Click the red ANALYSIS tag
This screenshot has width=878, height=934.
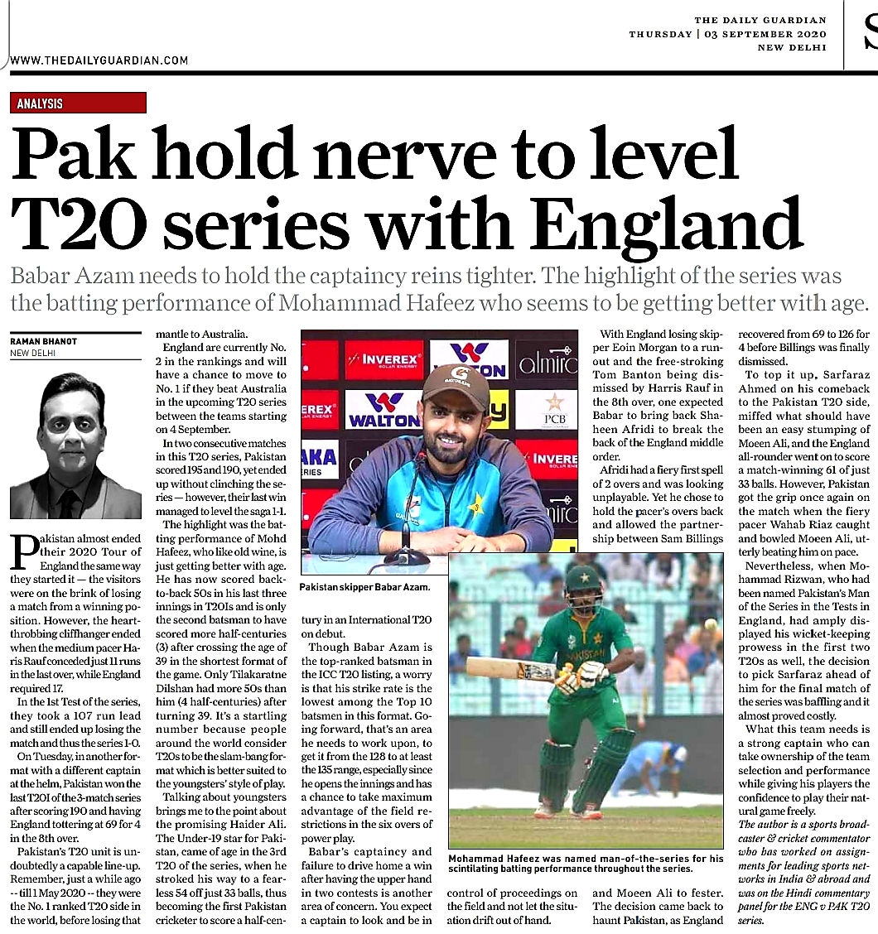tap(41, 104)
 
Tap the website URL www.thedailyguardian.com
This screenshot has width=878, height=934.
tap(99, 60)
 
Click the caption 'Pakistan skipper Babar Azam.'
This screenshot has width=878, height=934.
tap(365, 587)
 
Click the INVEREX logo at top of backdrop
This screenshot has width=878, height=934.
tap(384, 360)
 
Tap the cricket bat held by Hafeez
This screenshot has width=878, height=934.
tap(514, 667)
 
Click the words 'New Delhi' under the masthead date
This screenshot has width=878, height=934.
tap(792, 47)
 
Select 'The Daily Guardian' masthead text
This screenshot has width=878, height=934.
tap(760, 20)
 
